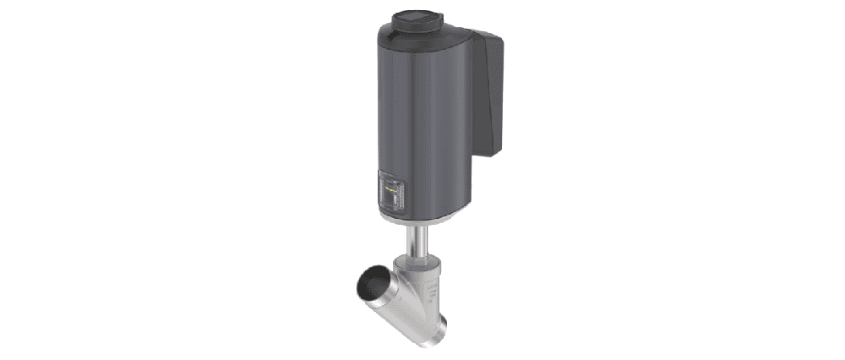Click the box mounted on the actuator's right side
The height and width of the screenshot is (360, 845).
coord(488,93)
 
